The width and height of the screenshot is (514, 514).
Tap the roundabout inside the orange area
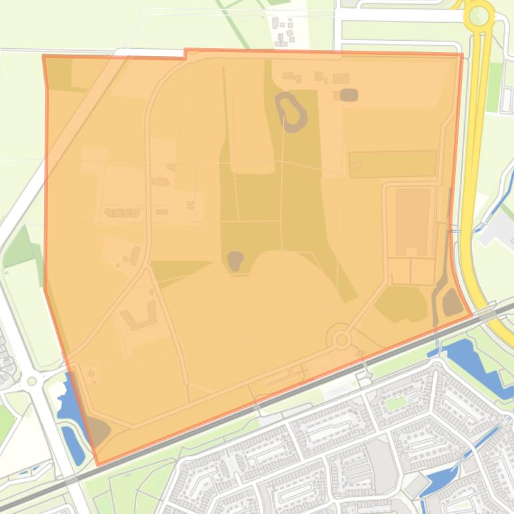(342, 340)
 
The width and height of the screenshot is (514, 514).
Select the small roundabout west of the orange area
(31, 381)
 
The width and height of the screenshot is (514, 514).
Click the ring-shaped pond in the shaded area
(291, 111)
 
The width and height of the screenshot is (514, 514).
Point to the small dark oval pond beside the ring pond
(348, 95)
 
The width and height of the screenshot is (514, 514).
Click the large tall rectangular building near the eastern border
(413, 222)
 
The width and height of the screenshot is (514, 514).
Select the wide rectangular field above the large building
(393, 164)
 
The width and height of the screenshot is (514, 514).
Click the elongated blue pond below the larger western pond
(73, 444)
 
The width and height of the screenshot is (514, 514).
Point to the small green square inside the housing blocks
(396, 403)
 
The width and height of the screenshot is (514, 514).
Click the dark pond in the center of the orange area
(235, 260)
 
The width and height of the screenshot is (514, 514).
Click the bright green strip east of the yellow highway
(494, 87)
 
